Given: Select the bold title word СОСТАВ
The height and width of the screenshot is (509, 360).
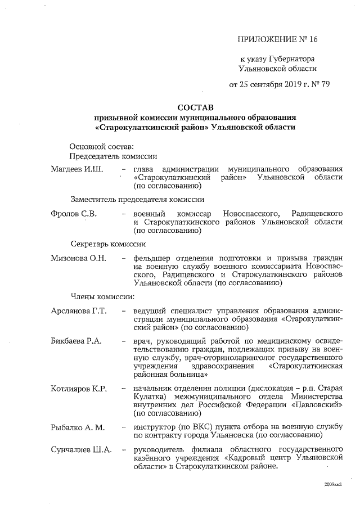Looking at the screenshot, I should click(195, 106).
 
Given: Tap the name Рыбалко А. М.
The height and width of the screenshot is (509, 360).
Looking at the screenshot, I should click(78, 427).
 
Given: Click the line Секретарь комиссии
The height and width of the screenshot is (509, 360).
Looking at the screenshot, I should click(108, 244).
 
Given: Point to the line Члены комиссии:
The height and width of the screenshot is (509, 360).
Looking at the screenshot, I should click(102, 296).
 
